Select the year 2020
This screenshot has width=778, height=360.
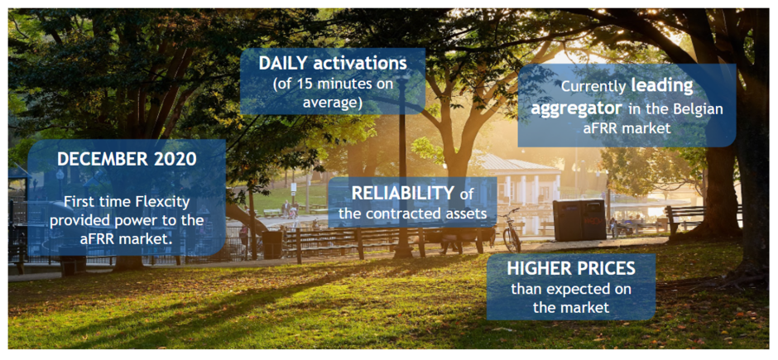click(175, 160)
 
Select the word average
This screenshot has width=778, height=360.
click(333, 103)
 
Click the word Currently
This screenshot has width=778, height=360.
click(593, 87)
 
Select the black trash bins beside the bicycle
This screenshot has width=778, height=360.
click(579, 219)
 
